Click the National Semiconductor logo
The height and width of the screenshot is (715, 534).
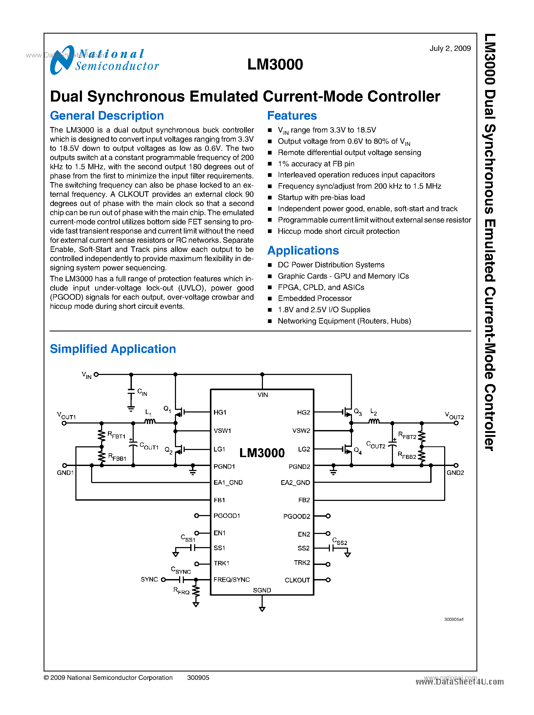click(104, 60)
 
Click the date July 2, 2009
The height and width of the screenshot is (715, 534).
click(450, 49)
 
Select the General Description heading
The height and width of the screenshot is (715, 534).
click(107, 116)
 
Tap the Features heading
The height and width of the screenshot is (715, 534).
click(292, 116)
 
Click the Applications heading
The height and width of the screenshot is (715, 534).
click(303, 251)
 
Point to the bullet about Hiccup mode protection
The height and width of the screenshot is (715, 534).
click(338, 231)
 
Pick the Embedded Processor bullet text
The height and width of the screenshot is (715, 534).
click(314, 298)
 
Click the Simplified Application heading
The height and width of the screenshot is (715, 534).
click(112, 349)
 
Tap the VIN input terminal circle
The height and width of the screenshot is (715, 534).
click(96, 374)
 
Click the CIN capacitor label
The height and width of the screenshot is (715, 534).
click(142, 392)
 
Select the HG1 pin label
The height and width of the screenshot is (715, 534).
click(220, 412)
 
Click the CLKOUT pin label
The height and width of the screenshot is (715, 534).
click(297, 580)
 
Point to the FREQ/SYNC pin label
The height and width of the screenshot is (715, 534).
click(231, 580)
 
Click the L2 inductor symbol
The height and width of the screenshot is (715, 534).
click(374, 421)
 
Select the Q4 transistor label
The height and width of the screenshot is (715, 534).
click(357, 451)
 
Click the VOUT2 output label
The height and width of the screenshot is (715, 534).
click(454, 416)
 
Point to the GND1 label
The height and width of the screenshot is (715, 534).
click(65, 473)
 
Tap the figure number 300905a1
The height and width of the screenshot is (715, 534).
click(454, 619)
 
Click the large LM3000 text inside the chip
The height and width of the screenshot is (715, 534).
click(262, 453)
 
